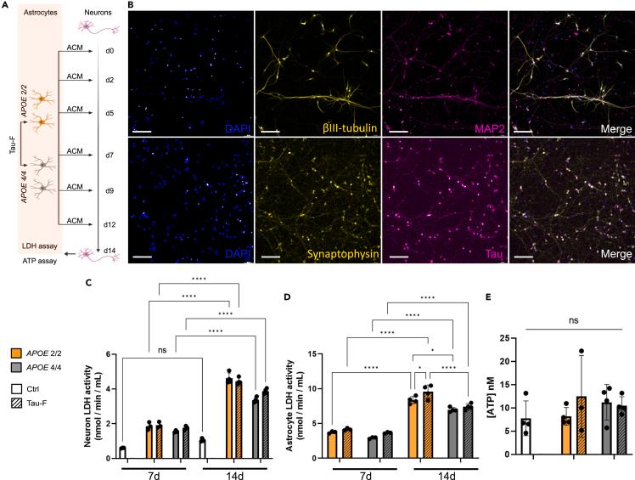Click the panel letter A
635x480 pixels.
pyautogui.click(x=5, y=6)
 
